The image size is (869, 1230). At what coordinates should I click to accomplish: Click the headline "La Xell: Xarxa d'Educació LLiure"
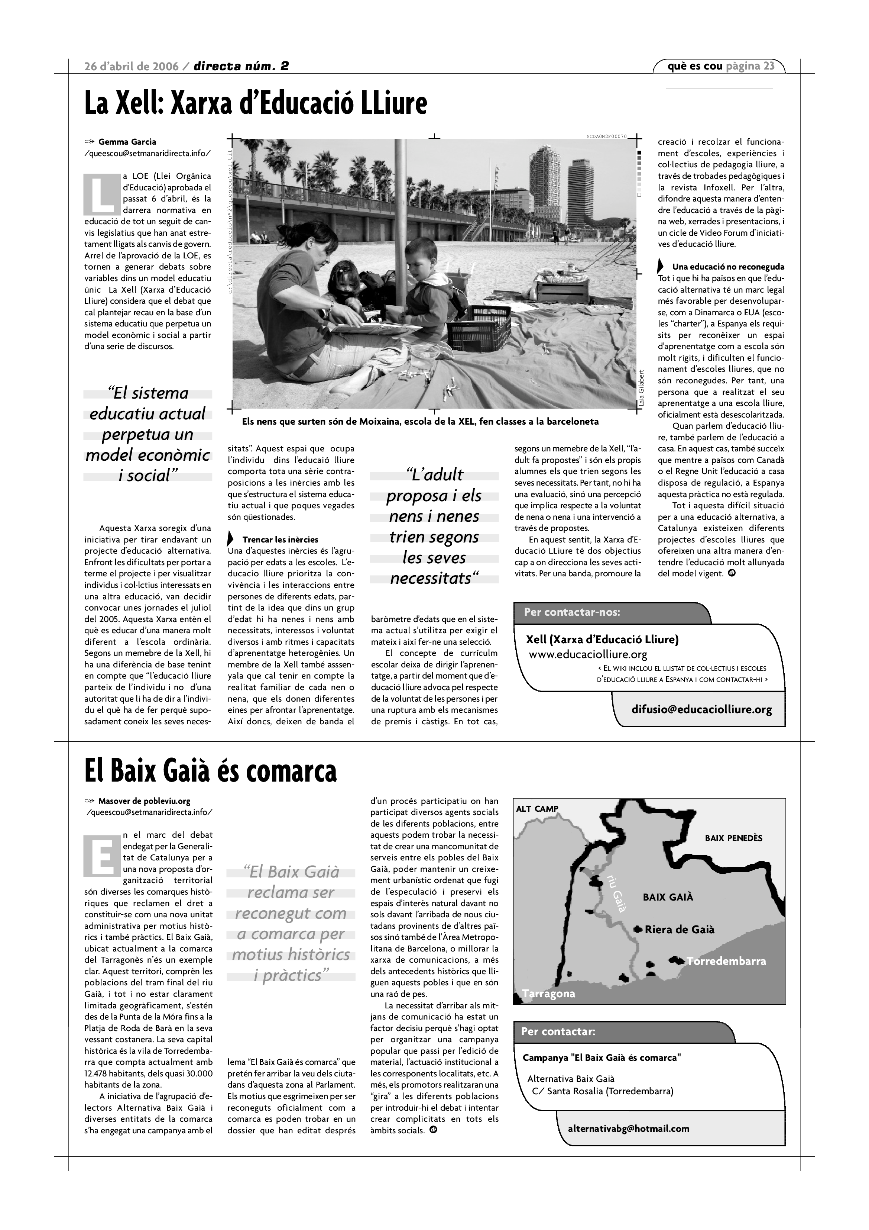click(255, 103)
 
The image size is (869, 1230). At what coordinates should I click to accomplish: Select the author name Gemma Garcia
click(127, 142)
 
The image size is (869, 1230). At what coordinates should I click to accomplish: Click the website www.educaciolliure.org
click(588, 655)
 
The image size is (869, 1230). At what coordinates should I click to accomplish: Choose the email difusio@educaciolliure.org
click(701, 710)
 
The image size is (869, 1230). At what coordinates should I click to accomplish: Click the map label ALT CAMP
click(537, 809)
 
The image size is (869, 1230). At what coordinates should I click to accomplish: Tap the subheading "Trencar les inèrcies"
click(280, 540)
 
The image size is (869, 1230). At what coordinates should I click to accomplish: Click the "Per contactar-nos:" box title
click(572, 612)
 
